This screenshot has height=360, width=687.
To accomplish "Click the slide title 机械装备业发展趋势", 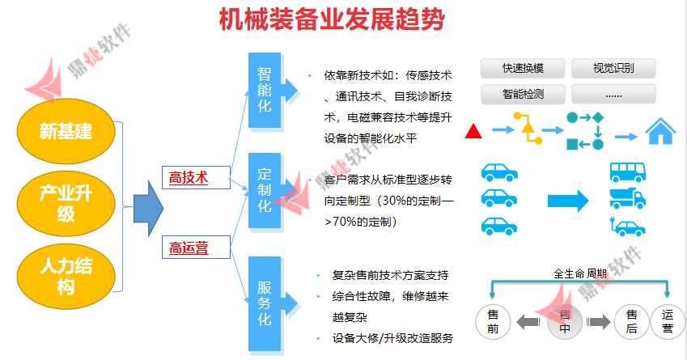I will (x=332, y=19).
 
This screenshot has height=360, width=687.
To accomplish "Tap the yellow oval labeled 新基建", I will (x=66, y=129).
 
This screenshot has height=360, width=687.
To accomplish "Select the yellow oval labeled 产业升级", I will (x=66, y=202).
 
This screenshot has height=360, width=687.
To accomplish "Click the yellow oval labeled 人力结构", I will (x=66, y=273).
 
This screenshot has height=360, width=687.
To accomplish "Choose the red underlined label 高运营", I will (x=189, y=248).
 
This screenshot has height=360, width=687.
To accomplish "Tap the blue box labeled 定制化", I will (x=265, y=191).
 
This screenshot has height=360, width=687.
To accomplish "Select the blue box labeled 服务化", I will (x=265, y=303).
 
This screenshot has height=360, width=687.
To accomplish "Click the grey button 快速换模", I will (x=522, y=68).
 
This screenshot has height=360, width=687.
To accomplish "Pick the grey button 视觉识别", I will (x=613, y=68).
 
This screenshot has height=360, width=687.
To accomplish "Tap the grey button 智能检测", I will (x=522, y=94).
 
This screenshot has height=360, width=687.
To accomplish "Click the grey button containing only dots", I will (x=613, y=94).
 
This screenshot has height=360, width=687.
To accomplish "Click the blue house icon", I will (x=660, y=130).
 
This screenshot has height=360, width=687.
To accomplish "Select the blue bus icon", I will (x=626, y=172).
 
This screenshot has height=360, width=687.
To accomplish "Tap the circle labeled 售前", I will (x=493, y=321).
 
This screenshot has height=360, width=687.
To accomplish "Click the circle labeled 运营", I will (x=668, y=321).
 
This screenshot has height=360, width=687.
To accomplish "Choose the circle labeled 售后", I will (x=631, y=321).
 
